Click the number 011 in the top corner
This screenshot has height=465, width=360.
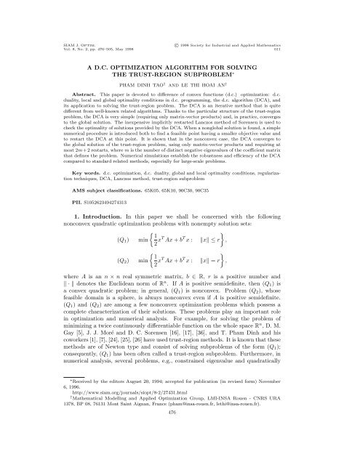click(x=315, y=32)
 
